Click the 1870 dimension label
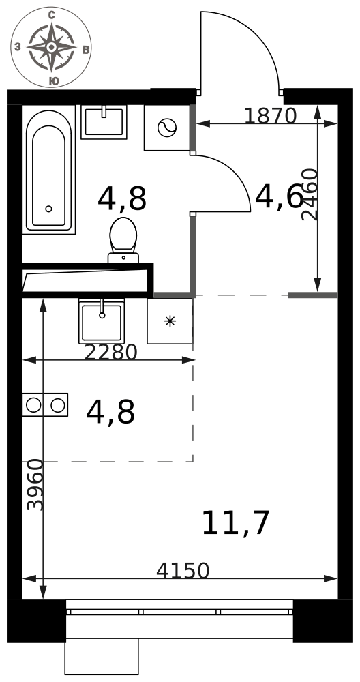(x=270, y=116)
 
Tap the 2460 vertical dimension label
(x=310, y=194)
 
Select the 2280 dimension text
(x=110, y=353)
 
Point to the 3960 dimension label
(x=35, y=484)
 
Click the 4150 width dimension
(x=183, y=571)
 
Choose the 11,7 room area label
(x=236, y=523)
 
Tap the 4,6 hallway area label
(x=279, y=196)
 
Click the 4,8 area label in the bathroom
(x=122, y=198)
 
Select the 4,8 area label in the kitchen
(x=110, y=412)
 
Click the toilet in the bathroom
(x=123, y=240)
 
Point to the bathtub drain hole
(x=48, y=209)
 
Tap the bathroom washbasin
(x=104, y=122)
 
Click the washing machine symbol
(x=167, y=128)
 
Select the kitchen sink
(x=102, y=321)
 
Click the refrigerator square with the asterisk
(x=170, y=321)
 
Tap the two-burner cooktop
(x=45, y=405)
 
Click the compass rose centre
(x=51, y=47)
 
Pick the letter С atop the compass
(x=51, y=16)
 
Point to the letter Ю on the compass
(x=53, y=81)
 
